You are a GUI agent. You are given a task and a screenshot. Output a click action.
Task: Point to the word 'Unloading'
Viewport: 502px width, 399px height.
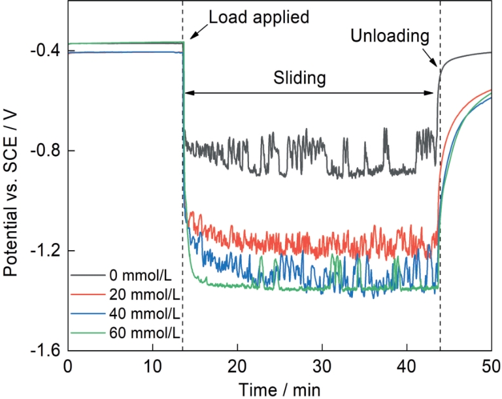click(x=390, y=37)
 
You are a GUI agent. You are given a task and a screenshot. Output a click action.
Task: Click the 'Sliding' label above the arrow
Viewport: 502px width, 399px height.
click(x=299, y=79)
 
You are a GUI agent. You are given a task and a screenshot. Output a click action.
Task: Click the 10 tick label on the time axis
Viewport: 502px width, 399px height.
click(x=152, y=366)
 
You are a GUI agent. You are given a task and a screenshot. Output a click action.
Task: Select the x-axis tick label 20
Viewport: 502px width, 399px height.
click(x=237, y=366)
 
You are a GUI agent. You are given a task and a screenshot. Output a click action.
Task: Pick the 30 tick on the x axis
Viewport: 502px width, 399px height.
click(x=322, y=366)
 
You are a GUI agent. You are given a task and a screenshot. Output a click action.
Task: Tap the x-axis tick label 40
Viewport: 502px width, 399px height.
click(x=407, y=366)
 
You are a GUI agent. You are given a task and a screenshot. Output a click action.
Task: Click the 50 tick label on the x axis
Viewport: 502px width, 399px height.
click(x=490, y=366)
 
